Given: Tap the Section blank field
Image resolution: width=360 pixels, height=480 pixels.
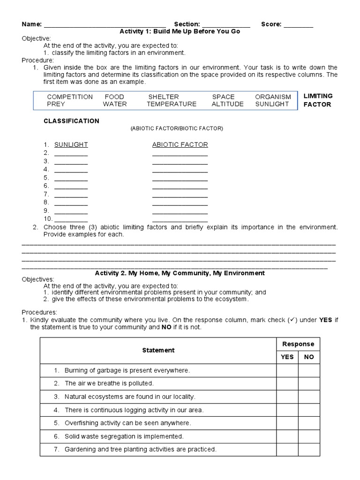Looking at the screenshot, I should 226,25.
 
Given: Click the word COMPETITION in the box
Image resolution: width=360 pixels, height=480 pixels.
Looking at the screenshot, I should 70,97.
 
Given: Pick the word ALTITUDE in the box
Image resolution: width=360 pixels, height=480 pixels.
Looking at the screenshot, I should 227,105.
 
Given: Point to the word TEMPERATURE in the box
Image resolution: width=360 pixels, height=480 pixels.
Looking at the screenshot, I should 172,105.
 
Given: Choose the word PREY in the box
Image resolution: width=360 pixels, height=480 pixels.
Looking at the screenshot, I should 56,105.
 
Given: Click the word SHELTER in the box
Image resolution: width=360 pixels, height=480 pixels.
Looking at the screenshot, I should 164,97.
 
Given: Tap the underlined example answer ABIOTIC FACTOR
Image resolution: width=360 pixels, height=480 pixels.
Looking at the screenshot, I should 180,145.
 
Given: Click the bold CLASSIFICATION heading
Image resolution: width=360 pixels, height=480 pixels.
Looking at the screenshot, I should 71,121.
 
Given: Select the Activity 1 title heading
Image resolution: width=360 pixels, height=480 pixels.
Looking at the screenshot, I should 180,31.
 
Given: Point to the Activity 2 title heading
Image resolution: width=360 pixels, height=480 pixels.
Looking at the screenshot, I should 180,273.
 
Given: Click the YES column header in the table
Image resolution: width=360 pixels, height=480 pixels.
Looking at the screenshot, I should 287,357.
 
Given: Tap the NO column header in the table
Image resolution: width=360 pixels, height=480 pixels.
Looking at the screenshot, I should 309,357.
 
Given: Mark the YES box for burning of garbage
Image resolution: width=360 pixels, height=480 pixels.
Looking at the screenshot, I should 287,370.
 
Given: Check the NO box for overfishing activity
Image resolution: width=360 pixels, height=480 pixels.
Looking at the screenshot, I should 309,423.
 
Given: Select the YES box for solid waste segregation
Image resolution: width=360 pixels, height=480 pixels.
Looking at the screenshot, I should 287,436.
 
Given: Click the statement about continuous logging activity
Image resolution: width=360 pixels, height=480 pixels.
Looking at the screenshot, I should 134,410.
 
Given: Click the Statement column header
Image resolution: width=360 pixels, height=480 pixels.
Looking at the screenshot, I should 158,350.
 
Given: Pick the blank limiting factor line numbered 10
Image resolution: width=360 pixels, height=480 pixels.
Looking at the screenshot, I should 71,219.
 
